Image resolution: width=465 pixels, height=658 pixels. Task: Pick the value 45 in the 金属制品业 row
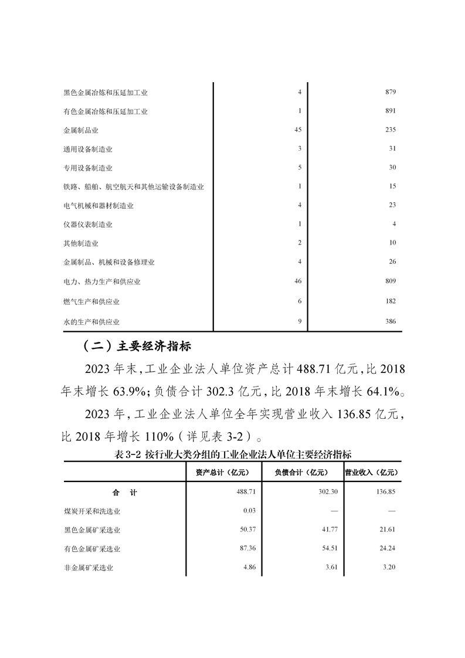point(297,130)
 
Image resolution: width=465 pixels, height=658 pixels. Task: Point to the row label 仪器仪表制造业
point(87,225)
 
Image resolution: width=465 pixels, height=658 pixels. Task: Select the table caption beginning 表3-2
point(233,454)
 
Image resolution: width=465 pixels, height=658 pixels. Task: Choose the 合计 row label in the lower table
point(124,493)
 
